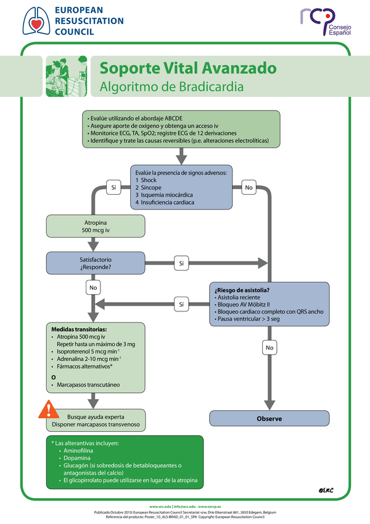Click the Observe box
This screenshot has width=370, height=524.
point(269,419)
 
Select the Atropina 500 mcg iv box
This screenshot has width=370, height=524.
point(96,226)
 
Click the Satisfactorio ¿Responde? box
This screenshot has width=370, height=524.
point(96,263)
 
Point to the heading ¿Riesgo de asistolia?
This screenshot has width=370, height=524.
point(242,290)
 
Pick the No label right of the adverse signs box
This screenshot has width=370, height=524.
point(249,187)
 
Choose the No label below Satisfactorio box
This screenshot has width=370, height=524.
point(94,287)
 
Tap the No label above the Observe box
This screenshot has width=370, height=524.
point(269,348)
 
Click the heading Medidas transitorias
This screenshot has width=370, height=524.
point(79,329)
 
